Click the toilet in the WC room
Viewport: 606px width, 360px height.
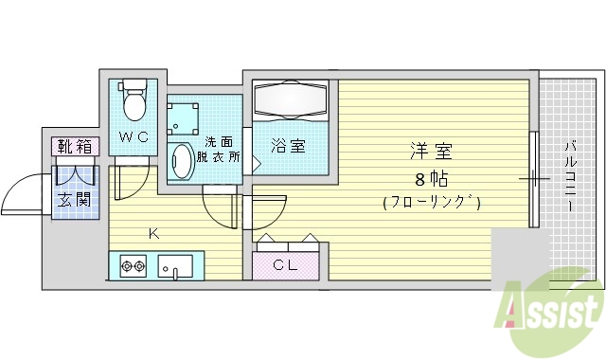[x=134, y=99]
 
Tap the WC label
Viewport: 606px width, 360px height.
[x=134, y=137]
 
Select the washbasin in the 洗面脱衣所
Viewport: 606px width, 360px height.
[x=180, y=160]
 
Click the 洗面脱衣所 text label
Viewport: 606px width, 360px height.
[x=218, y=150]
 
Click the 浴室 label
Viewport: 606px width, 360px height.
[x=287, y=146]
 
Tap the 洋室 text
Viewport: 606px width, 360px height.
[x=431, y=150]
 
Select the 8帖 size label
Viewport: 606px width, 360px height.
[x=431, y=177]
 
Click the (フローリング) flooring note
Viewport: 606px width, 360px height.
[x=432, y=202]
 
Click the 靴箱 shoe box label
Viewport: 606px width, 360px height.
[x=74, y=146]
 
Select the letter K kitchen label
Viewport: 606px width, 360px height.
[x=151, y=232]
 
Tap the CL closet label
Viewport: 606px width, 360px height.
[x=286, y=265]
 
